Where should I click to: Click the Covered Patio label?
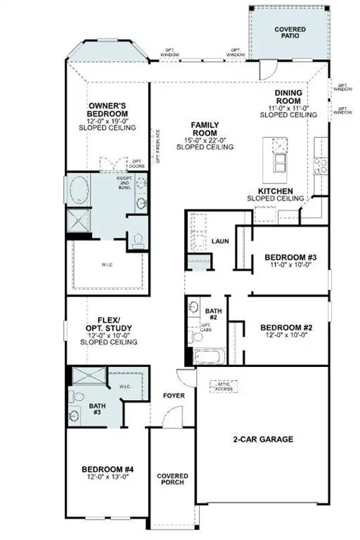click(289, 32)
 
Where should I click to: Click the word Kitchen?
click(275, 191)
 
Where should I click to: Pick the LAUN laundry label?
click(220, 242)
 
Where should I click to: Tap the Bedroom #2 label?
click(286, 327)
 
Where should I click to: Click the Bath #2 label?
click(213, 314)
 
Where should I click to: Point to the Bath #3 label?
click(96, 410)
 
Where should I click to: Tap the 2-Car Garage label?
click(263, 439)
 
